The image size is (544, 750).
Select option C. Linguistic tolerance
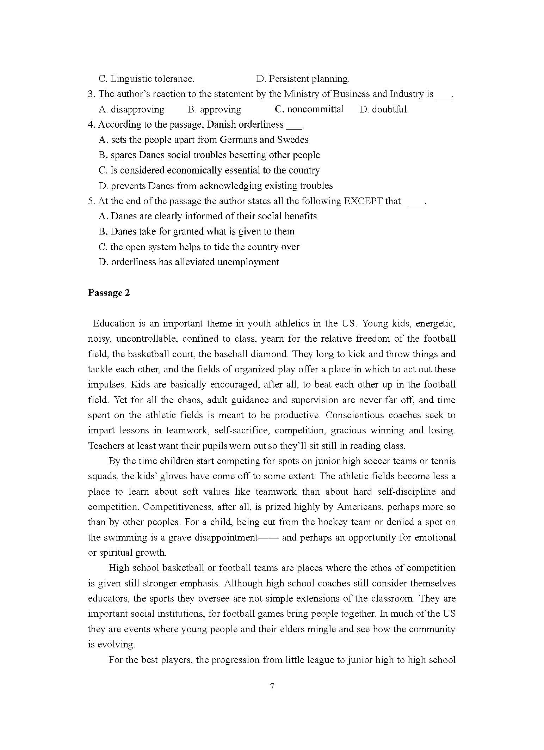click(x=146, y=79)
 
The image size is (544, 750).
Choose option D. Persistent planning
click(x=303, y=79)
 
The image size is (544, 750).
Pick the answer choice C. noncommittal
click(x=309, y=109)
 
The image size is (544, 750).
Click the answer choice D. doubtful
click(x=383, y=109)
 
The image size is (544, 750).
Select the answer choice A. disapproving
click(x=131, y=109)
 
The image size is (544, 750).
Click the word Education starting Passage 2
click(x=114, y=323)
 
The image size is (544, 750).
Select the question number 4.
click(x=91, y=124)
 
